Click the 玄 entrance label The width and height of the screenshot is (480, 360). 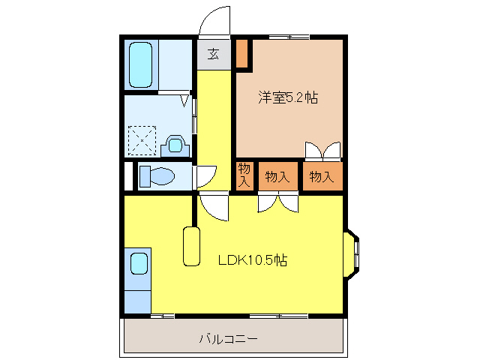coord(213,54)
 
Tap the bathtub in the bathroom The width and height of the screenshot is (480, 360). coord(140,64)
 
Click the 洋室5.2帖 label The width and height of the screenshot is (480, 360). coord(288,97)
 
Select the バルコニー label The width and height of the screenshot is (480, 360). coord(228,339)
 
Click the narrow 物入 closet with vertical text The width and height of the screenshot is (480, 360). coord(244,175)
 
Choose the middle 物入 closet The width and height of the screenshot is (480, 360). coord(277,177)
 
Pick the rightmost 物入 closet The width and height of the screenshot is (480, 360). coord(322,177)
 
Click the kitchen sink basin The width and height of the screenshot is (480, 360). coord(139,263)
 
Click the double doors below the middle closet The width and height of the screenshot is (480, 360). coord(278,202)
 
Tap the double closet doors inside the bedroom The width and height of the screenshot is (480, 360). coord(323,151)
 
